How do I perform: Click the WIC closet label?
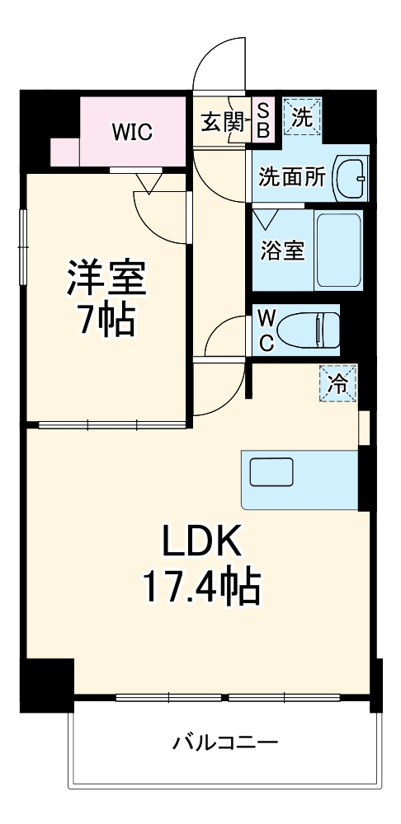[x=132, y=132]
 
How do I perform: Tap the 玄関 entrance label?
[x=221, y=124]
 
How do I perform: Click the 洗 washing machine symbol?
[x=301, y=117]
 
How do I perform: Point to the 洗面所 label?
[x=291, y=177]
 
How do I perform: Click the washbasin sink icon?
[x=351, y=176]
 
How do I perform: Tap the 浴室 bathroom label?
[x=283, y=250]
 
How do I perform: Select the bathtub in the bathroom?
[x=338, y=250]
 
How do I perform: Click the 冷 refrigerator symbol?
[x=338, y=382]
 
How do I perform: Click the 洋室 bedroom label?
[x=106, y=279]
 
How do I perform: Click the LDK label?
[x=200, y=543]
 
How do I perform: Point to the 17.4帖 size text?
[x=200, y=587]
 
